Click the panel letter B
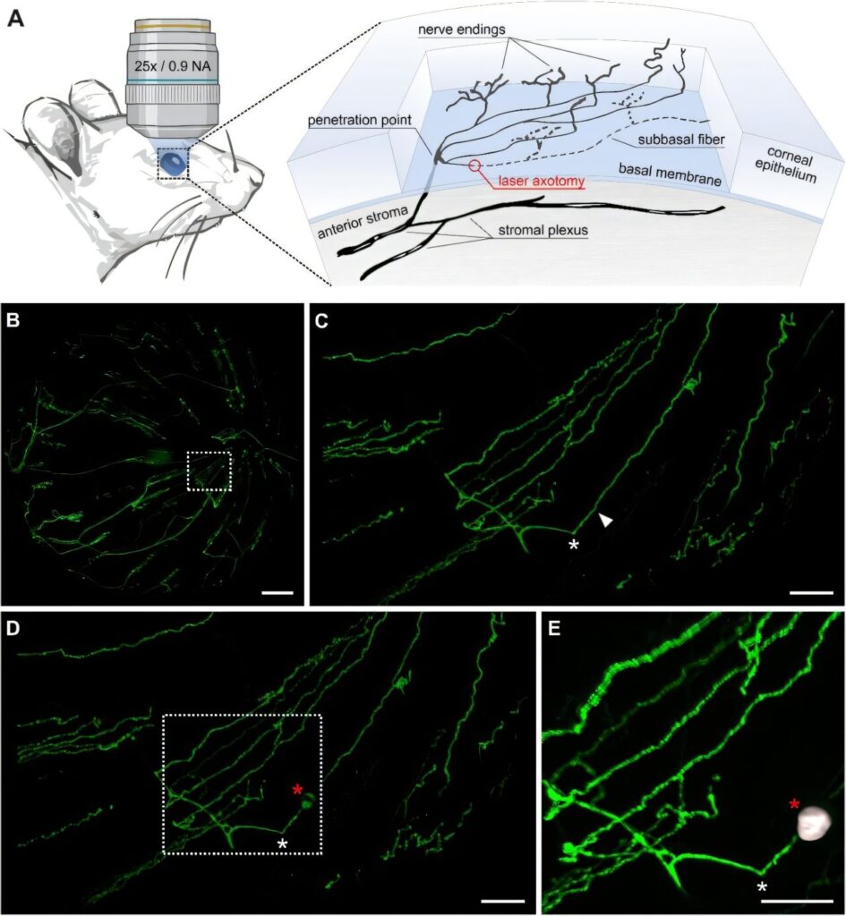coord(13,320)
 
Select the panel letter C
coord(321,320)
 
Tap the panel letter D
coord(13,628)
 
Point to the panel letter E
coord(555,628)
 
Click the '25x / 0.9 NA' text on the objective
coord(173,66)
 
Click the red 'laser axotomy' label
coord(542,182)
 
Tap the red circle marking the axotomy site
coord(474,165)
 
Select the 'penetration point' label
coord(360,121)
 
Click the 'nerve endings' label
coord(462,29)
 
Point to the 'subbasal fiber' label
coord(681,140)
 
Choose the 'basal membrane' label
coord(670,174)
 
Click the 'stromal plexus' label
coord(543,231)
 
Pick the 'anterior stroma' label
coord(363,223)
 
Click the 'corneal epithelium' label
coord(786,165)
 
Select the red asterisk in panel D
coord(297,790)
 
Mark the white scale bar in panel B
coord(278,593)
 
